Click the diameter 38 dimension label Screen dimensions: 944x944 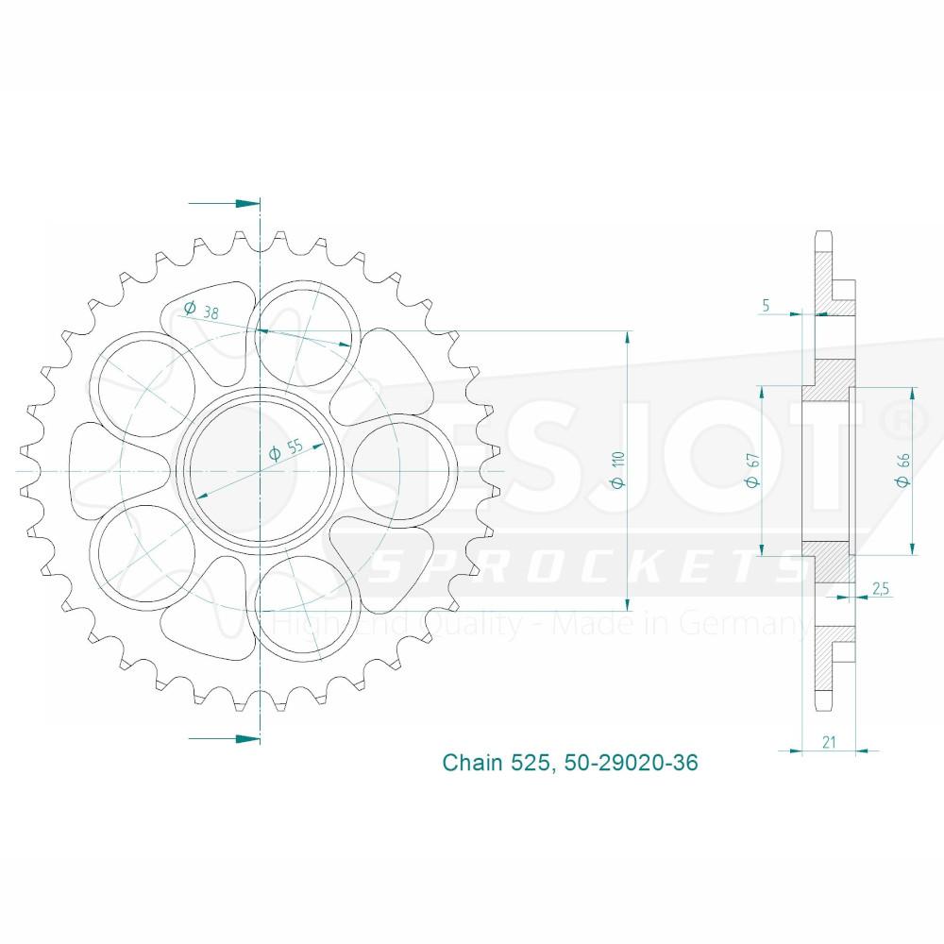[x=201, y=310]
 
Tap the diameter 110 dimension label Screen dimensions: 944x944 [x=618, y=469]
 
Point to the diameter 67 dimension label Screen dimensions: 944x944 [x=752, y=469]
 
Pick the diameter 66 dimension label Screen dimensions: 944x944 [x=902, y=469]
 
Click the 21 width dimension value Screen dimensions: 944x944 [x=829, y=742]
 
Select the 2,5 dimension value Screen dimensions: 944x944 [x=880, y=588]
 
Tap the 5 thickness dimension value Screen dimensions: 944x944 [x=766, y=305]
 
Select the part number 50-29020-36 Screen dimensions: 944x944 [x=631, y=762]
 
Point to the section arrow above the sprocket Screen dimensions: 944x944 [x=225, y=204]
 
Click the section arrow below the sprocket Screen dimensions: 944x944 [x=225, y=738]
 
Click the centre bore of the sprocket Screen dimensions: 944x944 [x=260, y=471]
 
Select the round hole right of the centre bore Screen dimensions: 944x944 [x=403, y=471]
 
